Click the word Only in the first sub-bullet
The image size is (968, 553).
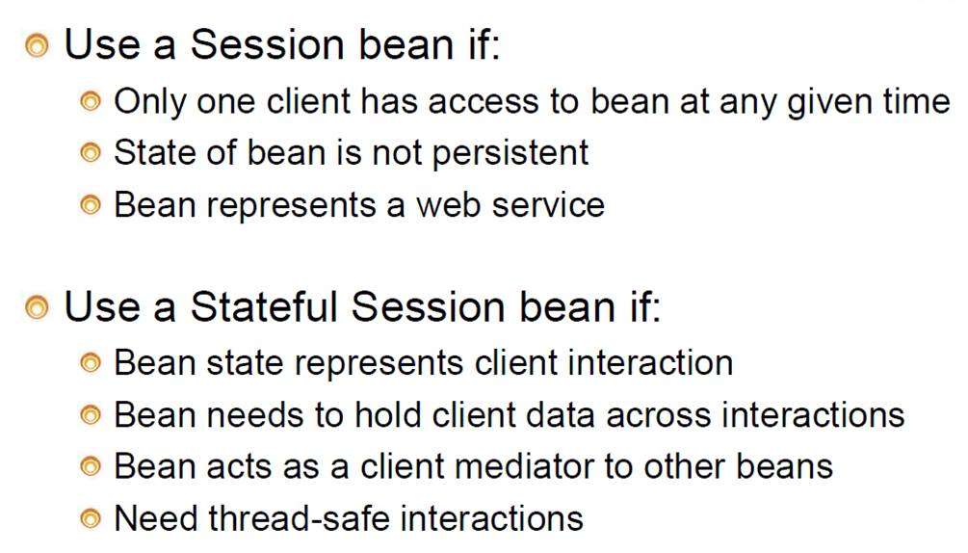pos(150,102)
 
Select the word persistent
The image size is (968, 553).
pos(510,154)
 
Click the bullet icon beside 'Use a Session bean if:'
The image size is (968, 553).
pos(37,46)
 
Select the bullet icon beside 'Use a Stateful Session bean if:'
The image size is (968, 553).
pos(37,307)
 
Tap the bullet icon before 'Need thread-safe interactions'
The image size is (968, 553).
pos(91,518)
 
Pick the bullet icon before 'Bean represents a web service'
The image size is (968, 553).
pos(91,205)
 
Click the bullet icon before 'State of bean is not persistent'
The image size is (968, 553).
pos(91,152)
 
